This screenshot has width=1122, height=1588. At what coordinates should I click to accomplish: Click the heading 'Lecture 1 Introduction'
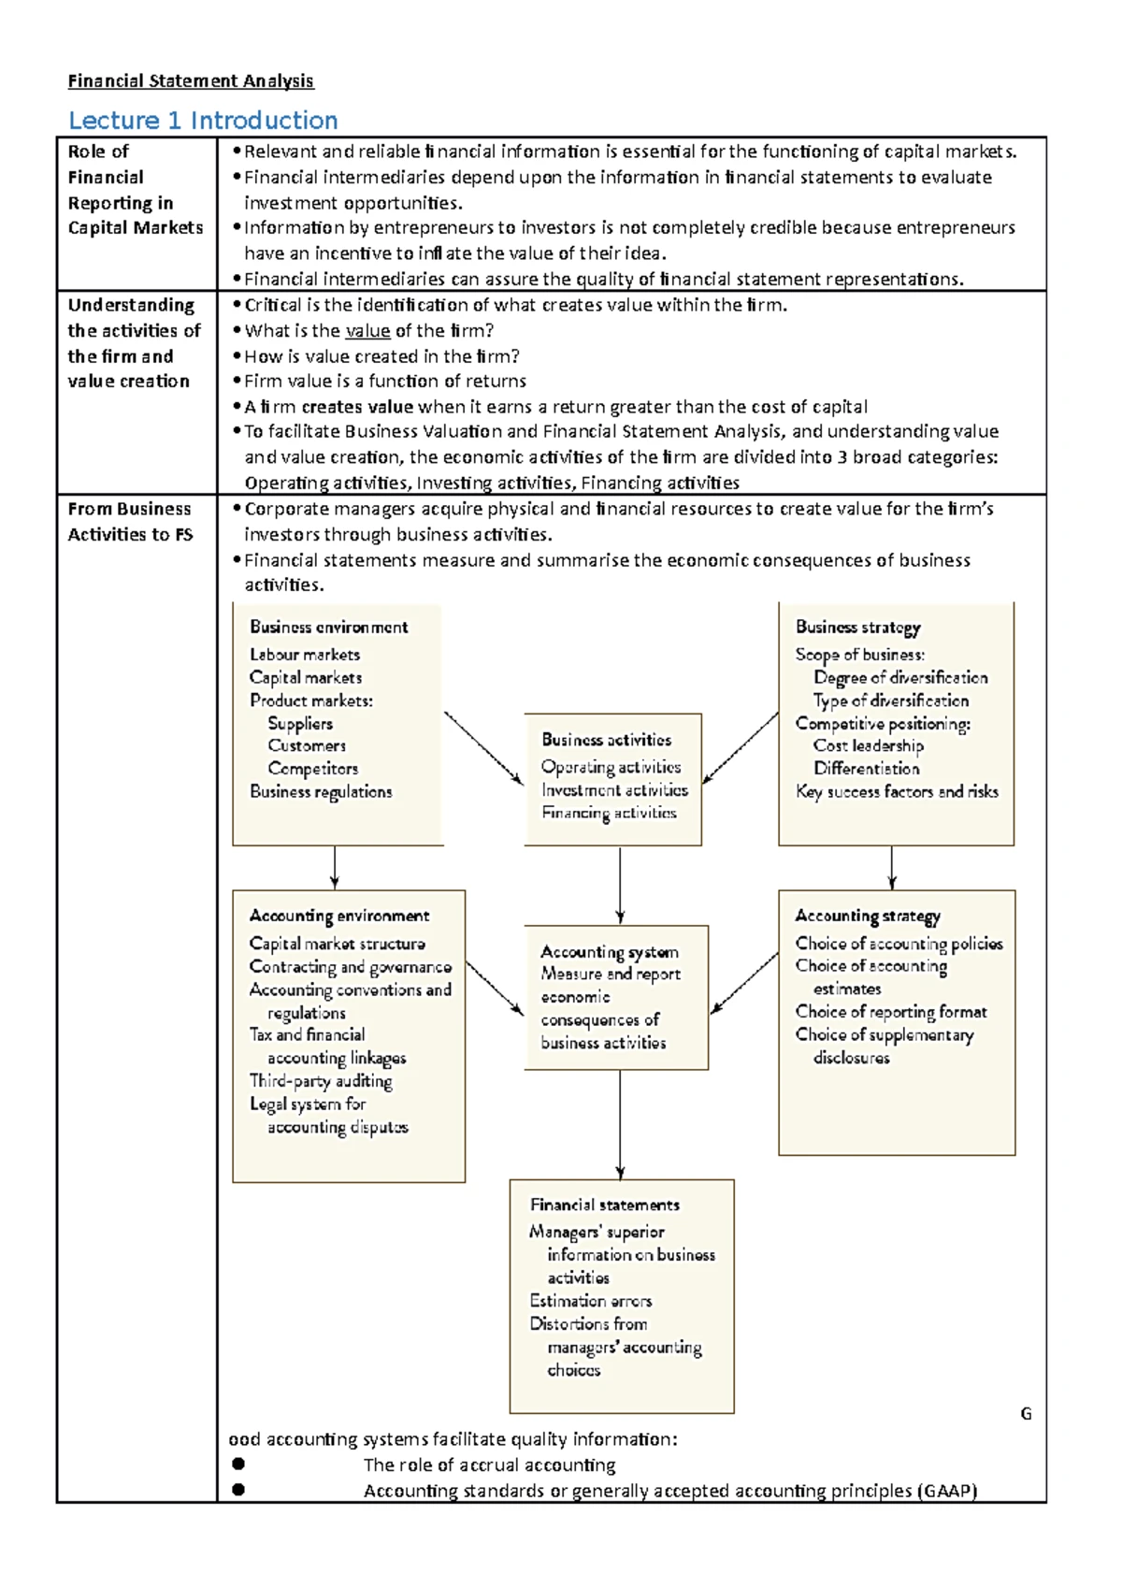coord(203,121)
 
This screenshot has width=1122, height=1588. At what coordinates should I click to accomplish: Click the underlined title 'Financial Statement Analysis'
coord(191,80)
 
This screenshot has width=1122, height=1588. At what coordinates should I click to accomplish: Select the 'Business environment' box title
coord(328,628)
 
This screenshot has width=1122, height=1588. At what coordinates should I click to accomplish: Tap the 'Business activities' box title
coord(606,740)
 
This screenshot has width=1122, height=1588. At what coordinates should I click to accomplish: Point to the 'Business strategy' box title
coord(857,628)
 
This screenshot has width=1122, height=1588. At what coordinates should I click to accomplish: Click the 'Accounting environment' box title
coord(338,917)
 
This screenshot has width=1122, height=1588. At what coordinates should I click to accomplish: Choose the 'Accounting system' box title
coord(609,952)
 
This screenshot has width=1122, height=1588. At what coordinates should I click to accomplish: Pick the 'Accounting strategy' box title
coord(867,917)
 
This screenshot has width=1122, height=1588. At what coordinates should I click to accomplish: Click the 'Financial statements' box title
coord(604,1205)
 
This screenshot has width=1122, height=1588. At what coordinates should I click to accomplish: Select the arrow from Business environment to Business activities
coord(482,747)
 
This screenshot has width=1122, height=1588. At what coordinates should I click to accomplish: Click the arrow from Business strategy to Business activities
coord(741,747)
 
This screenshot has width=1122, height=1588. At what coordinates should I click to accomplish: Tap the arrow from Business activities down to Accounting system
coord(620,885)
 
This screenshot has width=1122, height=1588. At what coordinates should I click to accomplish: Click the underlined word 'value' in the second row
coord(367,331)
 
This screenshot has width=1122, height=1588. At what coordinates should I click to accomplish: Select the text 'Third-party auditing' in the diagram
coord(320,1081)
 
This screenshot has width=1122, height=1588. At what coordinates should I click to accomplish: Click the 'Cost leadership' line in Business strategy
coord(868,746)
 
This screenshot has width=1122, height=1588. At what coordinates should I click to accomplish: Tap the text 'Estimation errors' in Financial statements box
coord(590,1301)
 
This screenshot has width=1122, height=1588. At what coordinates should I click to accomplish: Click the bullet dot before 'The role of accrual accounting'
coord(238,1464)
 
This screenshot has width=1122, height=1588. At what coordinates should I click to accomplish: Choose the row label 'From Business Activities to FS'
coord(129,522)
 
